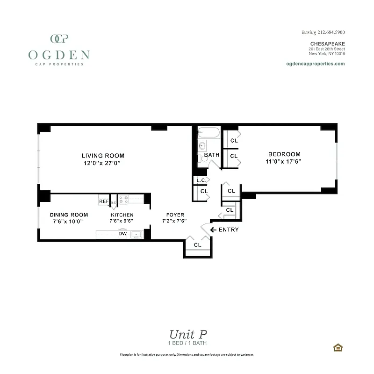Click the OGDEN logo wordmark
(59, 55)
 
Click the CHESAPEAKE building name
(328, 43)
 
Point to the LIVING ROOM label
(103, 156)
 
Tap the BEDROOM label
(284, 154)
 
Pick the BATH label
(211, 155)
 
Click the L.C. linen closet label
(201, 180)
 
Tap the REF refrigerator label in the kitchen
(103, 201)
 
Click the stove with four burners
(123, 200)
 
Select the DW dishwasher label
(122, 233)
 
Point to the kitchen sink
(137, 234)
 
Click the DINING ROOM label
(69, 215)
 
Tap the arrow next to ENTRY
(213, 230)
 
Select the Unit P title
(187, 334)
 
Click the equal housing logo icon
(337, 347)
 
